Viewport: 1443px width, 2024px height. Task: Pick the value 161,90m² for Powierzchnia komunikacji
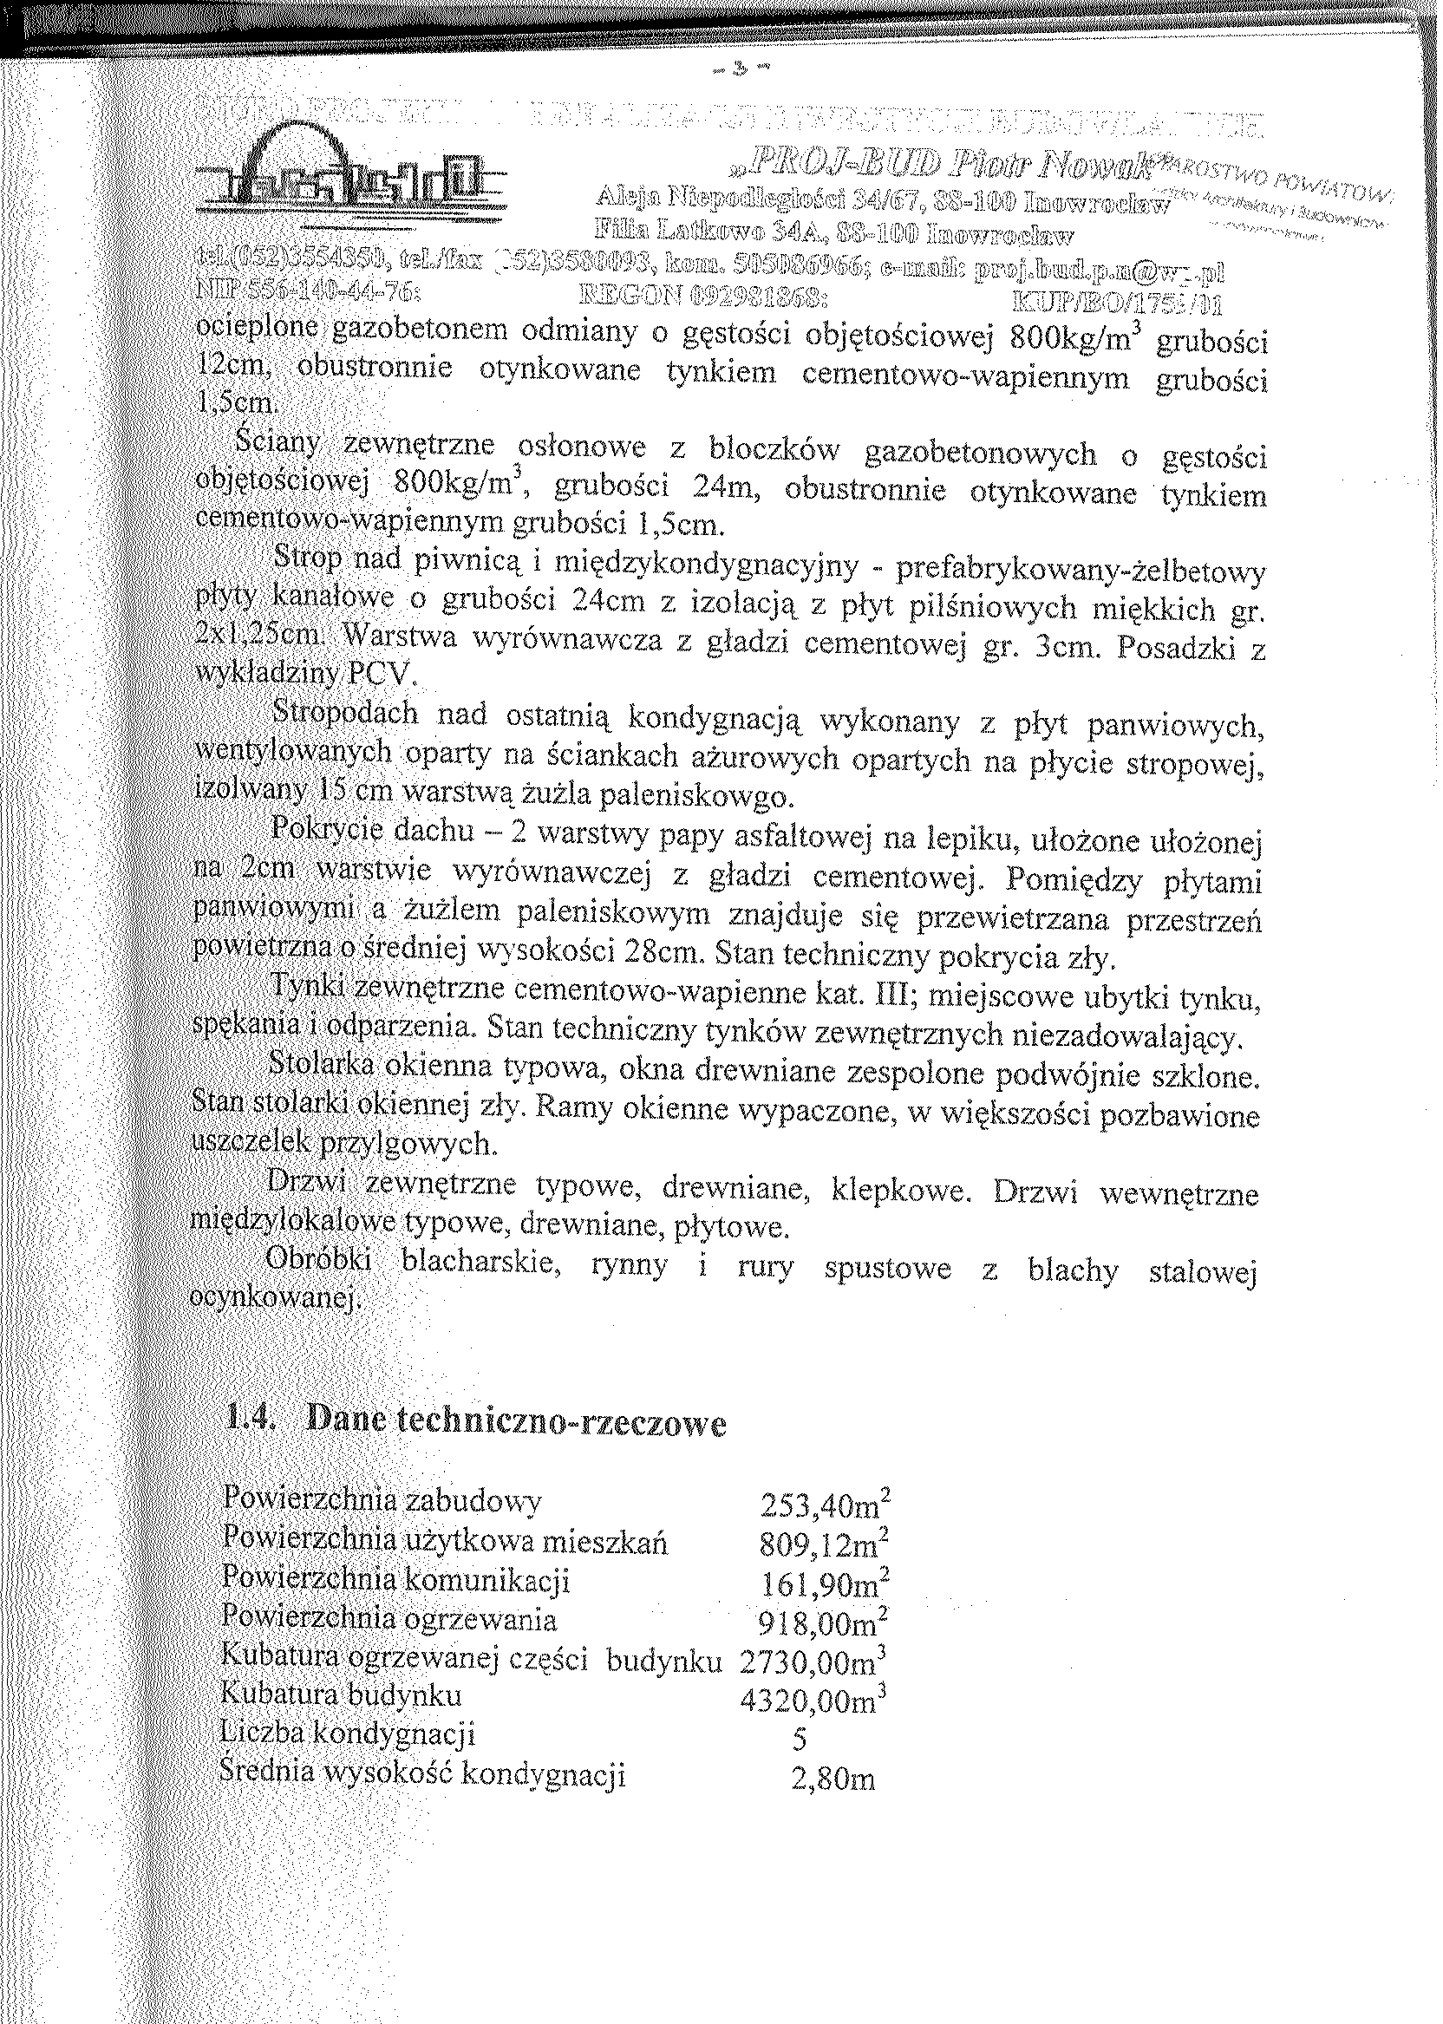point(825,1585)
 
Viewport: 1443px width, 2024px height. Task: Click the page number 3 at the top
point(736,68)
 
